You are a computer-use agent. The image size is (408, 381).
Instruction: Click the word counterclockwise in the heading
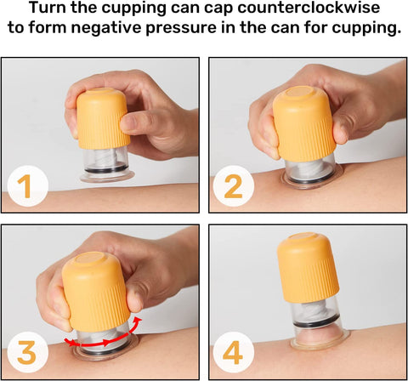pos(309,8)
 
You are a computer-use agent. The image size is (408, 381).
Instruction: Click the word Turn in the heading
pos(48,8)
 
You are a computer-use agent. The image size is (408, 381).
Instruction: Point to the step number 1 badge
pos(26,185)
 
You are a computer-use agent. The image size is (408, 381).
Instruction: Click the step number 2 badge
pos(233,185)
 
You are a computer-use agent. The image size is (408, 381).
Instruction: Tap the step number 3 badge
pos(26,352)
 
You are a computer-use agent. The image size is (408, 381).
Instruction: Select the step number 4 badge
pos(233,352)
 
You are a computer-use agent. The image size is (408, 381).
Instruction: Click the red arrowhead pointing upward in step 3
pos(138,320)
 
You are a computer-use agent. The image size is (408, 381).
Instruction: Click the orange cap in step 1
pos(102,118)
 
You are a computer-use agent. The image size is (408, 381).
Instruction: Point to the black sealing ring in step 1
pos(106,168)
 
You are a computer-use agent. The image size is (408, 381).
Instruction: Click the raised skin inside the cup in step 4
pos(319,335)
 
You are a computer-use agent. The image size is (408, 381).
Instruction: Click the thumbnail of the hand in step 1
pos(127,122)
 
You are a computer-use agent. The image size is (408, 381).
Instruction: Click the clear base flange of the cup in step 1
pos(107,176)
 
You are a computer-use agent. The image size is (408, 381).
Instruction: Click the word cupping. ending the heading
pos(366,29)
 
